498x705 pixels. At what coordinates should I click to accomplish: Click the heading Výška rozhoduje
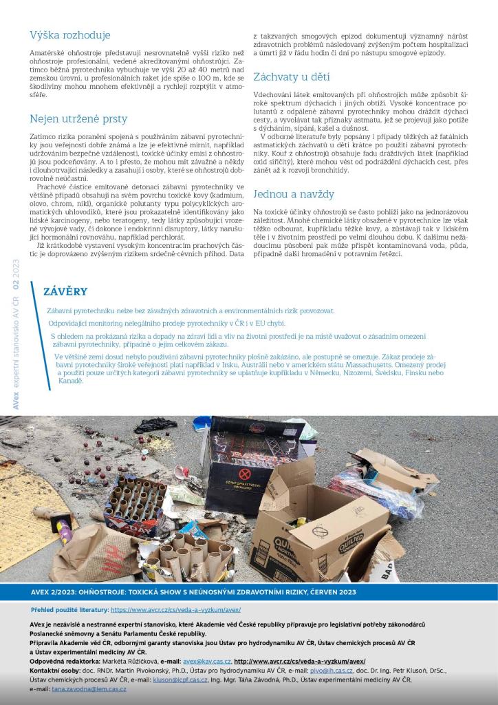(70, 35)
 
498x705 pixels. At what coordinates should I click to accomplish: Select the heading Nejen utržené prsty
(78, 119)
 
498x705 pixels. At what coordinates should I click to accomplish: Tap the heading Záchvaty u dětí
(292, 77)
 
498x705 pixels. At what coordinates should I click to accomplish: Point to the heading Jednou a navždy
(294, 193)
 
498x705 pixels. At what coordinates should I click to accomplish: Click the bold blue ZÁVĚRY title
(65, 291)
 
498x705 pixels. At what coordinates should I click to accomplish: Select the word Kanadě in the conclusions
(70, 381)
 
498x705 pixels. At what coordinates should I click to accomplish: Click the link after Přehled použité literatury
(175, 610)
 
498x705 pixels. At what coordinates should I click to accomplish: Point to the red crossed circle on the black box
(244, 474)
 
